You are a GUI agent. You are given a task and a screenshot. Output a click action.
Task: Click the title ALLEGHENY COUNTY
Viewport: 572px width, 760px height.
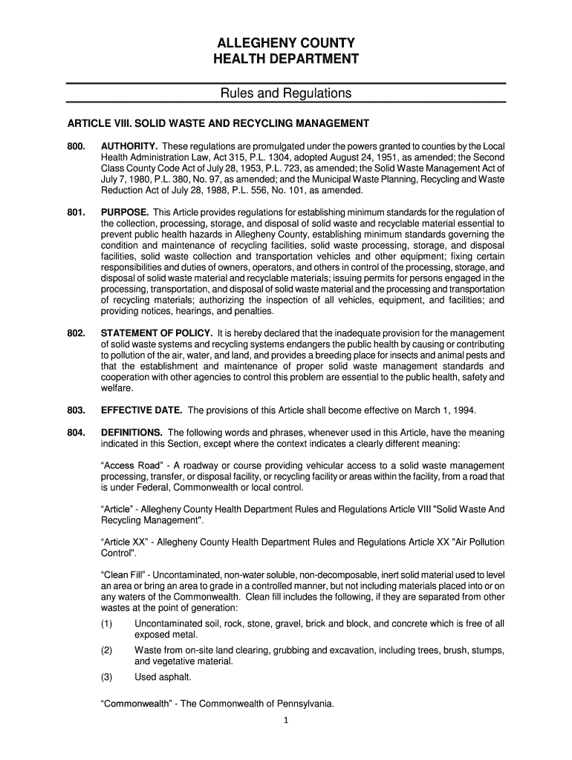286,42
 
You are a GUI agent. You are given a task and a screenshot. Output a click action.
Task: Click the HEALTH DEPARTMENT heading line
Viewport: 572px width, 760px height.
286,59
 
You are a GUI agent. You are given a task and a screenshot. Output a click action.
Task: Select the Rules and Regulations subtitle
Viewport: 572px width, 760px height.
286,94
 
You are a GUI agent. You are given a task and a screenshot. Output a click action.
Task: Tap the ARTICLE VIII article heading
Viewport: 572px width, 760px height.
218,122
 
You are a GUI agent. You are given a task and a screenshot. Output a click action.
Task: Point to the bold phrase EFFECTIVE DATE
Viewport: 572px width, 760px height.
141,410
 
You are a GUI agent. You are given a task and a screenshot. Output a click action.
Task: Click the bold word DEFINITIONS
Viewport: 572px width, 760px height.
131,433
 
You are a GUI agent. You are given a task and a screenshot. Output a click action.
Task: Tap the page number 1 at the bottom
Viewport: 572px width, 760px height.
286,727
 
